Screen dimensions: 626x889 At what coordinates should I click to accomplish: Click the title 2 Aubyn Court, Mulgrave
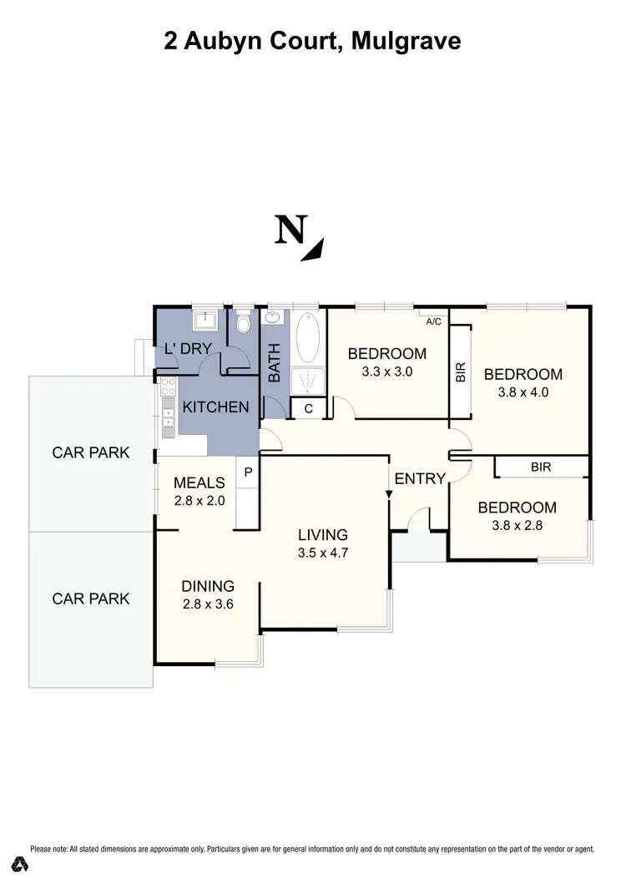312,40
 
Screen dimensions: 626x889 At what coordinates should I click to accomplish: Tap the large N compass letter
290,230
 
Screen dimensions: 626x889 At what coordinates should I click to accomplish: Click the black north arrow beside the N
313,250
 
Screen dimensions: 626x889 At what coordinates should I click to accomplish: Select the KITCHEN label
215,407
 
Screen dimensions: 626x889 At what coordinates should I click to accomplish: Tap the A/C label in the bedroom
433,321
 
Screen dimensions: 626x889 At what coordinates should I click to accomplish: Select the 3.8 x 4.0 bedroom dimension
523,392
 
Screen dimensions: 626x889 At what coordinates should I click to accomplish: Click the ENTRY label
420,478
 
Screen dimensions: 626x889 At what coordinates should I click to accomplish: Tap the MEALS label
199,482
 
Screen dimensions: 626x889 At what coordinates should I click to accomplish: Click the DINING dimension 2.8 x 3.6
208,604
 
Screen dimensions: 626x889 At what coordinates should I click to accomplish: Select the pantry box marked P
248,472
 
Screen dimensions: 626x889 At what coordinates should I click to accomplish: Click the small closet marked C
308,408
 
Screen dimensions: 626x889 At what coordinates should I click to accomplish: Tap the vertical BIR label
461,372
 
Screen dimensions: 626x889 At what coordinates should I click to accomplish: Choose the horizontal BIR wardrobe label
541,467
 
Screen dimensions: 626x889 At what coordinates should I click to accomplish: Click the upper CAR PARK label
91,453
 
